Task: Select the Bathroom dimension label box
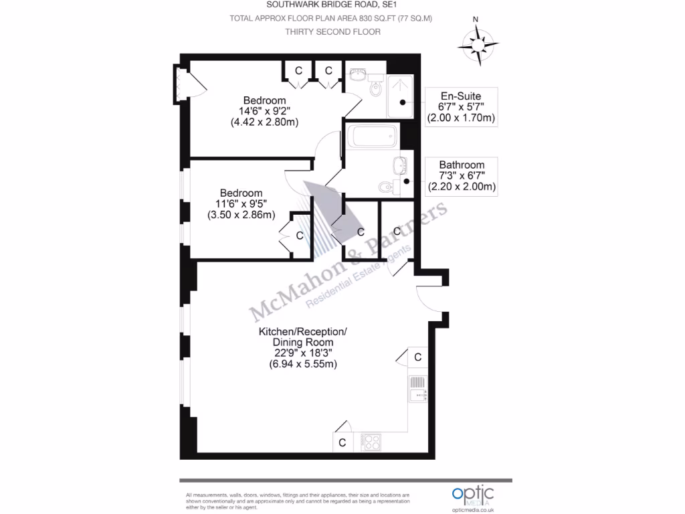(462, 176)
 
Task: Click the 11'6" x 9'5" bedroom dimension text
(241, 204)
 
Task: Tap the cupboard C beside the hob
(342, 442)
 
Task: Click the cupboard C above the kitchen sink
(417, 357)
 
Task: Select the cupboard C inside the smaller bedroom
(299, 236)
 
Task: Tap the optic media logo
(472, 495)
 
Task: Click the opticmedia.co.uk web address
(473, 509)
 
